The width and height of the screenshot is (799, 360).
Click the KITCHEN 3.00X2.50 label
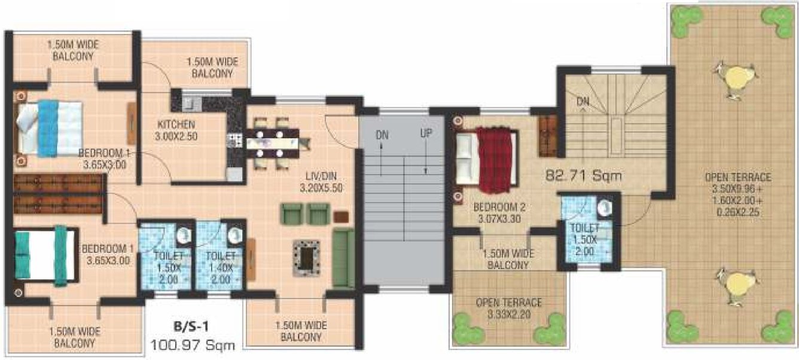[176, 130]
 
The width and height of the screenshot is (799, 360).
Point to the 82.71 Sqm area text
[583, 176]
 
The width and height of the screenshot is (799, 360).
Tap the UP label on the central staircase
[425, 134]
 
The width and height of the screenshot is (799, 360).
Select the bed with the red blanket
[485, 156]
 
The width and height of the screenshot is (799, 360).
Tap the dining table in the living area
[273, 143]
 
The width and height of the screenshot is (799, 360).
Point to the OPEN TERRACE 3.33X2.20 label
[509, 307]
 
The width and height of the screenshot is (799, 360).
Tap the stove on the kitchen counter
[233, 141]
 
